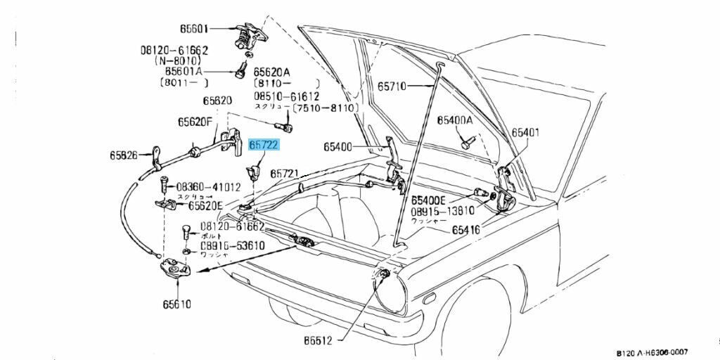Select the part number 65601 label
pyautogui.click(x=194, y=29)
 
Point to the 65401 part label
pyautogui.click(x=525, y=132)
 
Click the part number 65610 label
pyautogui.click(x=176, y=304)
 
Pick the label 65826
pyautogui.click(x=123, y=155)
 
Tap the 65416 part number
pyautogui.click(x=466, y=229)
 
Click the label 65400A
pyautogui.click(x=455, y=120)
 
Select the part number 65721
pyautogui.click(x=285, y=173)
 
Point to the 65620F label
pyautogui.click(x=195, y=122)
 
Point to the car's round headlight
pyautogui.click(x=389, y=290)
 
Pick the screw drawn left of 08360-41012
pyautogui.click(x=163, y=186)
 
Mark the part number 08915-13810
pyautogui.click(x=443, y=210)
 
